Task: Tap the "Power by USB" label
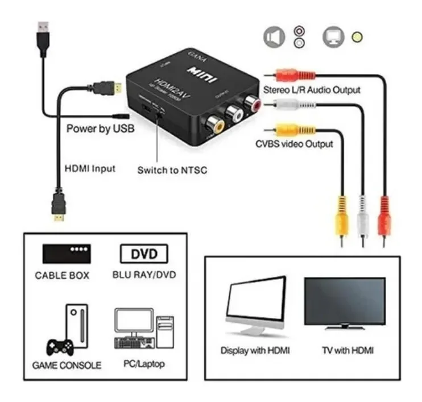coord(100,129)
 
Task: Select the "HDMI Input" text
coord(89,168)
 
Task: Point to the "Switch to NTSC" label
coord(172,170)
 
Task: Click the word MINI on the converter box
coord(197,70)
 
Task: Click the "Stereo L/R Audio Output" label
coord(311,90)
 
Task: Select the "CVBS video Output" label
coord(294,144)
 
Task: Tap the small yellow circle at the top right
coord(357,38)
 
